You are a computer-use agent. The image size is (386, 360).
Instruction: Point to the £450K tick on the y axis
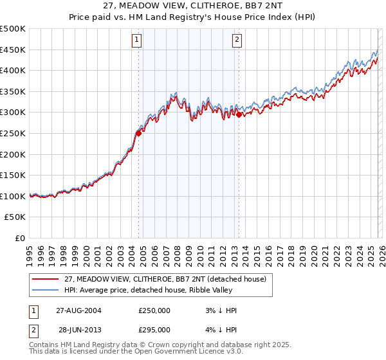click(x=13, y=50)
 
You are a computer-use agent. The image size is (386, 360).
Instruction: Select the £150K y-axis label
click(x=13, y=175)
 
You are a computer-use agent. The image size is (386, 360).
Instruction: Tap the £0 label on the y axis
click(x=20, y=238)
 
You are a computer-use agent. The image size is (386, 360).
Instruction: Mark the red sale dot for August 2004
click(x=138, y=134)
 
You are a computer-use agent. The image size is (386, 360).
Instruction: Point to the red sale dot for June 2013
click(x=239, y=115)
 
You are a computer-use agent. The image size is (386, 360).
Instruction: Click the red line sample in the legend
click(x=46, y=279)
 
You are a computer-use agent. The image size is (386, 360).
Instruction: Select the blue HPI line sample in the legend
click(x=46, y=290)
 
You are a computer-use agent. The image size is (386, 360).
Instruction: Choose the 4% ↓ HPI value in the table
click(x=219, y=329)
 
